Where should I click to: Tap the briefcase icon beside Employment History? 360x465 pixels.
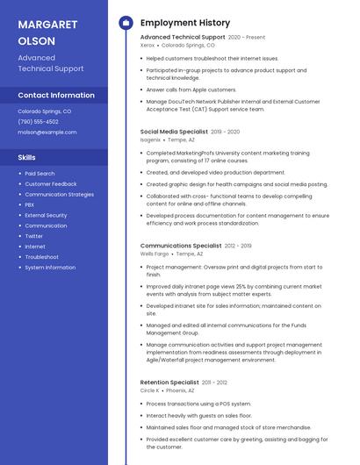coord(126,22)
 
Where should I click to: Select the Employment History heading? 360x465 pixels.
coord(184,22)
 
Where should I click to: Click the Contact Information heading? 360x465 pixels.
coord(56,95)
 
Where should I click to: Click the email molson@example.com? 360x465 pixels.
coord(47,132)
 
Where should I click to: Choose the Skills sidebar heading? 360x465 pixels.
coord(27,157)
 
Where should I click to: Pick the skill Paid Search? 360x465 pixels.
coord(40,174)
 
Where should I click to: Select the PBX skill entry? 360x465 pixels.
coord(30,204)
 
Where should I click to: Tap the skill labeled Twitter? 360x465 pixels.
coord(33,236)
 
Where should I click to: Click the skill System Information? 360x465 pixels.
coord(50,268)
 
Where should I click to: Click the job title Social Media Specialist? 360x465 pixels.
coord(174,132)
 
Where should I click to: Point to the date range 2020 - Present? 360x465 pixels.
coord(247,38)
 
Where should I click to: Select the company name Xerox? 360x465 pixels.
coord(148,45)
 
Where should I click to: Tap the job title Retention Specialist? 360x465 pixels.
coord(169,383)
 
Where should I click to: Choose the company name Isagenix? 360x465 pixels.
coord(151,139)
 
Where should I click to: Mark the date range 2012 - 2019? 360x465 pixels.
coord(238,247)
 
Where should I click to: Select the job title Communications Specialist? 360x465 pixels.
coord(181,247)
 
